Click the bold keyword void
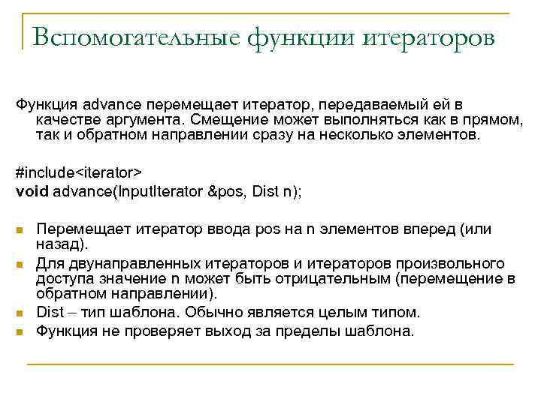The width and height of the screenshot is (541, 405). (x=32, y=190)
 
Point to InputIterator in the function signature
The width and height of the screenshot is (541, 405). (x=159, y=190)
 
